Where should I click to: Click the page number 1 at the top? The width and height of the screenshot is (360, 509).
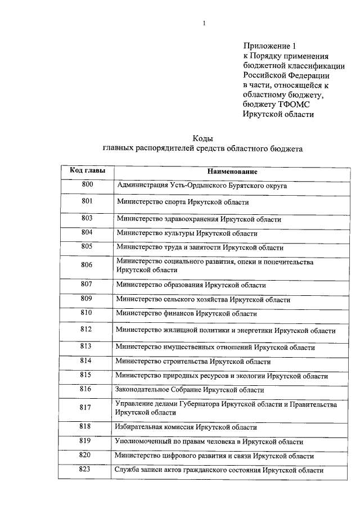point(204,23)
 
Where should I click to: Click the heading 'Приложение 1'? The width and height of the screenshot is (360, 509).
point(269,46)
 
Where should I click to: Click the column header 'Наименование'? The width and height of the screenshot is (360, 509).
point(232,171)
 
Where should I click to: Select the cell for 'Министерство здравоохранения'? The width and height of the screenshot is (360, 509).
point(199,219)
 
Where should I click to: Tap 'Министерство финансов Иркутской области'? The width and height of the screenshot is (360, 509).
point(186,313)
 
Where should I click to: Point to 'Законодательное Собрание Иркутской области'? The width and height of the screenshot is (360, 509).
point(189,390)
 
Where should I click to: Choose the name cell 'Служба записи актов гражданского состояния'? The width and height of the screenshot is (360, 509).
point(219,470)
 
